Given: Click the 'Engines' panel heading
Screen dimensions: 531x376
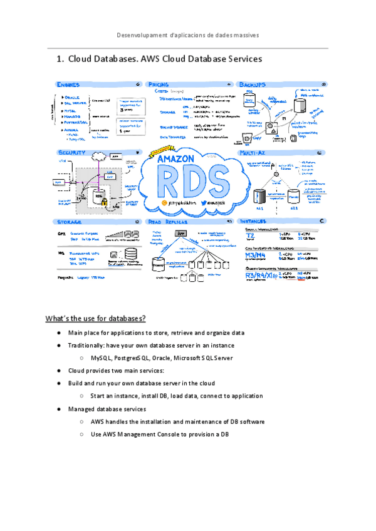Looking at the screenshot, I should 68,84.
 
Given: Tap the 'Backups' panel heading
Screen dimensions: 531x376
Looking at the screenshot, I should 252,84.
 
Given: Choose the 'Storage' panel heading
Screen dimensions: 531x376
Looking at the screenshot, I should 69,222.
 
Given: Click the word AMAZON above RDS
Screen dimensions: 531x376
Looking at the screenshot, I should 175,159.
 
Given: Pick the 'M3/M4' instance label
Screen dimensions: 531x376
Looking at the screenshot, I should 254,255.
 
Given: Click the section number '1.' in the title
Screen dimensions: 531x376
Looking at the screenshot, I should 60,59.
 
